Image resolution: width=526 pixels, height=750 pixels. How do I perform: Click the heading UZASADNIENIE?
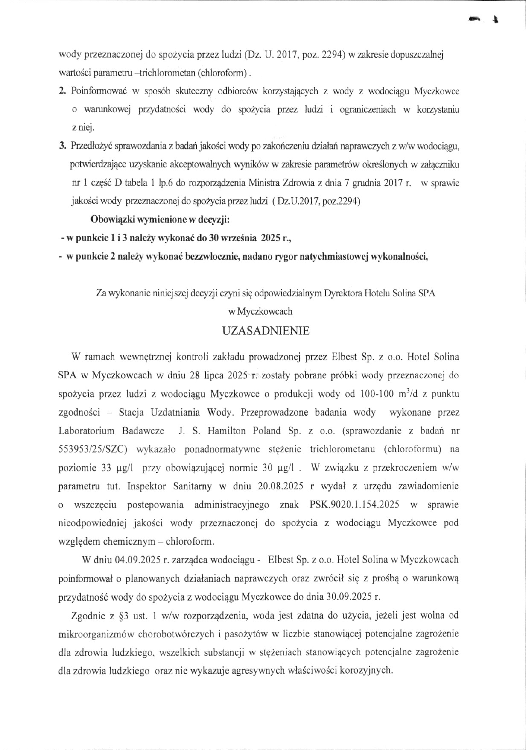pyautogui.click(x=266, y=331)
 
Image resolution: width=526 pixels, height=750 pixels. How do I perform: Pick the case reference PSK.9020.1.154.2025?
pyautogui.click(x=354, y=505)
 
